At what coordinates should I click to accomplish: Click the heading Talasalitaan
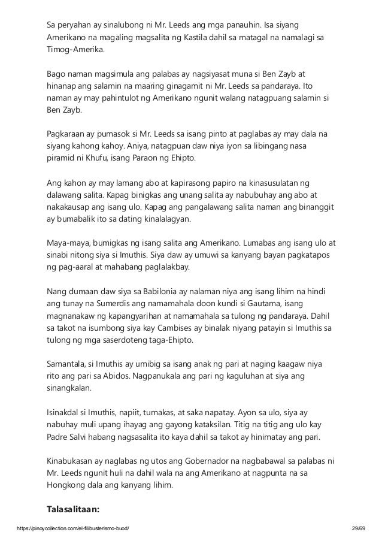(74, 510)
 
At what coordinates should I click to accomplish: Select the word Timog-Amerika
(75, 50)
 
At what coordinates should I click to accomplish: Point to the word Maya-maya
(68, 243)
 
